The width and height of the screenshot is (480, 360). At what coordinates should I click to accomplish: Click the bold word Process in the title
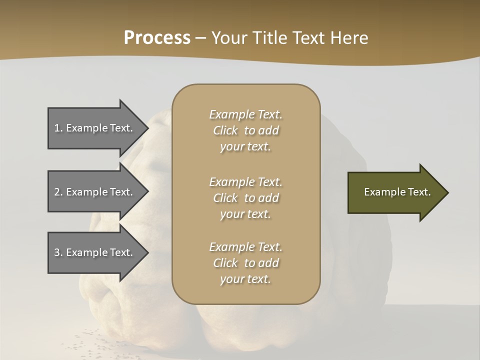(157, 38)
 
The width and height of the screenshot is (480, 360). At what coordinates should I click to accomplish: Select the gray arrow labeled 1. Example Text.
(95, 128)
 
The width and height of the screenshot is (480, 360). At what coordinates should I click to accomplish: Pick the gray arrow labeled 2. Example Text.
(95, 192)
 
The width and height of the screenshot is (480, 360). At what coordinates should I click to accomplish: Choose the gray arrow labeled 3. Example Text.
(95, 252)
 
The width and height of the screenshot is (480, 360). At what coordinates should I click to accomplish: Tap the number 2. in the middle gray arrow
(58, 192)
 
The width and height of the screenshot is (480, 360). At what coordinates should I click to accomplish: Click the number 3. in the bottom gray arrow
(58, 252)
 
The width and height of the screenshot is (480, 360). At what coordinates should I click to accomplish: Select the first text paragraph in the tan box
(245, 130)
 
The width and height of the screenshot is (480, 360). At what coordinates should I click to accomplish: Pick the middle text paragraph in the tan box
(245, 198)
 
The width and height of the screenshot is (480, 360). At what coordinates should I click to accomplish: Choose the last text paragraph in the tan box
(245, 263)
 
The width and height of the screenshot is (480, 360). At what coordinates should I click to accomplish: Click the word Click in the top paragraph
(225, 130)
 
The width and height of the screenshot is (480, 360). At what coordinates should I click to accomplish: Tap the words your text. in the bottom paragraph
(245, 279)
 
